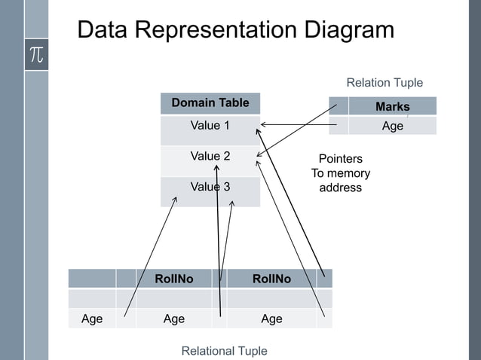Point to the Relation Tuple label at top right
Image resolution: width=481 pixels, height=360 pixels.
click(x=384, y=83)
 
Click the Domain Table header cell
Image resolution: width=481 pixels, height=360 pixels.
click(x=210, y=103)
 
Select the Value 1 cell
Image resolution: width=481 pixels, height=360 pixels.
click(x=210, y=126)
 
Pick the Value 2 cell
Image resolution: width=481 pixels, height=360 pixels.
click(x=210, y=157)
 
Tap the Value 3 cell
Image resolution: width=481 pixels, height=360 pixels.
click(x=210, y=187)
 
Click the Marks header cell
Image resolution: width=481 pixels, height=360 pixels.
click(x=392, y=107)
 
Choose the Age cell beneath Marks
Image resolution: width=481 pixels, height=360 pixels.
click(x=392, y=127)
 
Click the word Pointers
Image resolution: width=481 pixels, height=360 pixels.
click(x=341, y=159)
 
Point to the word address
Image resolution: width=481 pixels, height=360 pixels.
click(x=341, y=188)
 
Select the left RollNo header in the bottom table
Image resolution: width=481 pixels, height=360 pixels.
click(x=174, y=279)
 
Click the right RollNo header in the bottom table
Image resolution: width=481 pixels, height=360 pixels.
click(x=271, y=279)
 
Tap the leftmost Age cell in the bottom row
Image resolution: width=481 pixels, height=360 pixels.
click(x=92, y=319)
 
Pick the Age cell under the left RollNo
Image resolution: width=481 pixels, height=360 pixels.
click(x=174, y=319)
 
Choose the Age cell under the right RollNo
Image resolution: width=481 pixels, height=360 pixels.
click(x=271, y=319)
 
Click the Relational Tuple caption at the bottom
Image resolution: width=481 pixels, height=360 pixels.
click(x=225, y=351)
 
